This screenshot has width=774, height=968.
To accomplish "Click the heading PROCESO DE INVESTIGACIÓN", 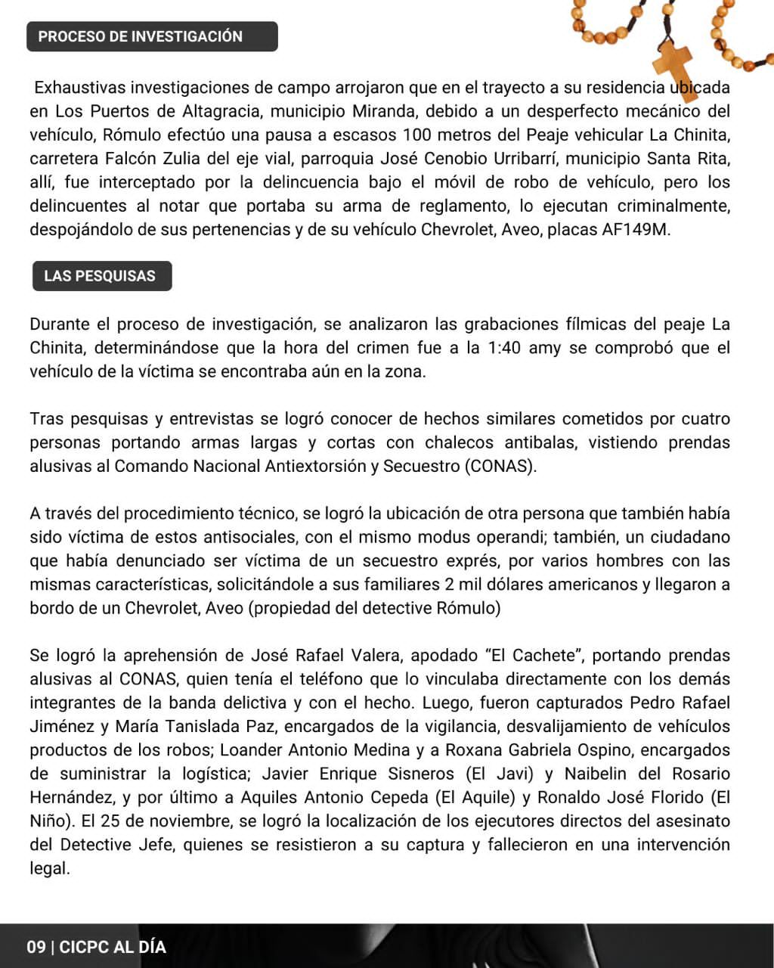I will coord(141,36).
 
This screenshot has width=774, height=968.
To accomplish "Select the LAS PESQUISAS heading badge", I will coord(100,276).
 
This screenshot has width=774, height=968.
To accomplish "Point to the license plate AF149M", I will coord(636,230).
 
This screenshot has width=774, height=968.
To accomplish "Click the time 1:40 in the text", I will coord(503,348).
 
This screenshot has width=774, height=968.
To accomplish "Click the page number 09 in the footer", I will coord(36,947).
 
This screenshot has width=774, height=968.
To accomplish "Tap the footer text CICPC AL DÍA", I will coord(113,947).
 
